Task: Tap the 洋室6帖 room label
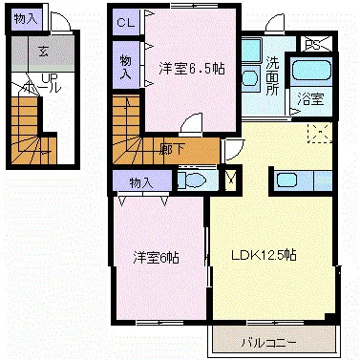coord(157,256)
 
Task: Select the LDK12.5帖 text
coord(264,255)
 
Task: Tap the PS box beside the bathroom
coord(313,44)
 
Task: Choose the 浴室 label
coord(309,97)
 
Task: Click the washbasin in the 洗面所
coord(250,76)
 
